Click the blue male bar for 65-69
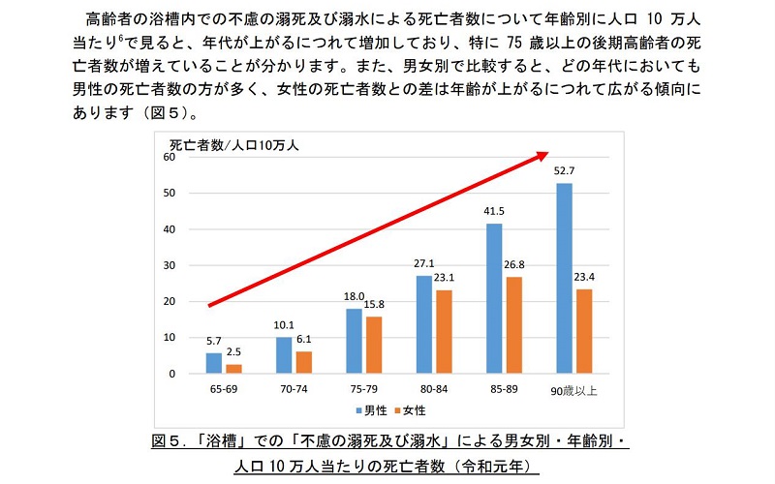click(213, 363)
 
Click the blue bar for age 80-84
click(424, 324)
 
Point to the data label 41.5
click(494, 212)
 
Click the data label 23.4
click(583, 278)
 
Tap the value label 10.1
click(284, 326)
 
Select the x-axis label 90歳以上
click(573, 389)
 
